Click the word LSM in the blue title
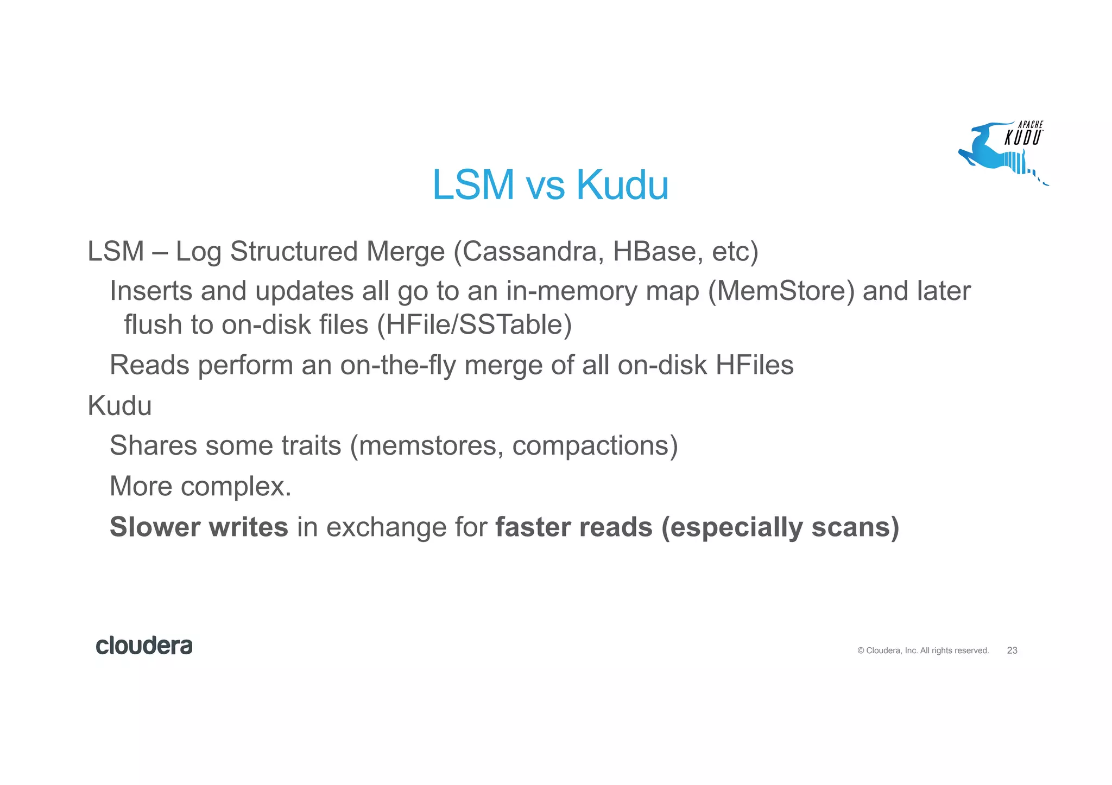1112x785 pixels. click(473, 185)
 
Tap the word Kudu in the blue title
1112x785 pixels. click(622, 185)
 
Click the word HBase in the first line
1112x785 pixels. click(654, 252)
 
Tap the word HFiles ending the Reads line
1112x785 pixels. click(754, 365)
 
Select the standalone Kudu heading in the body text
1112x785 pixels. click(119, 406)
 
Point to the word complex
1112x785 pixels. click(236, 487)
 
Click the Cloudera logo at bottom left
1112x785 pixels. click(144, 646)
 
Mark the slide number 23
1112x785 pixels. click(1012, 650)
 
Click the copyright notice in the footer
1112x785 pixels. click(923, 650)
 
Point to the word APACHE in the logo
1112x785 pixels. click(1030, 125)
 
